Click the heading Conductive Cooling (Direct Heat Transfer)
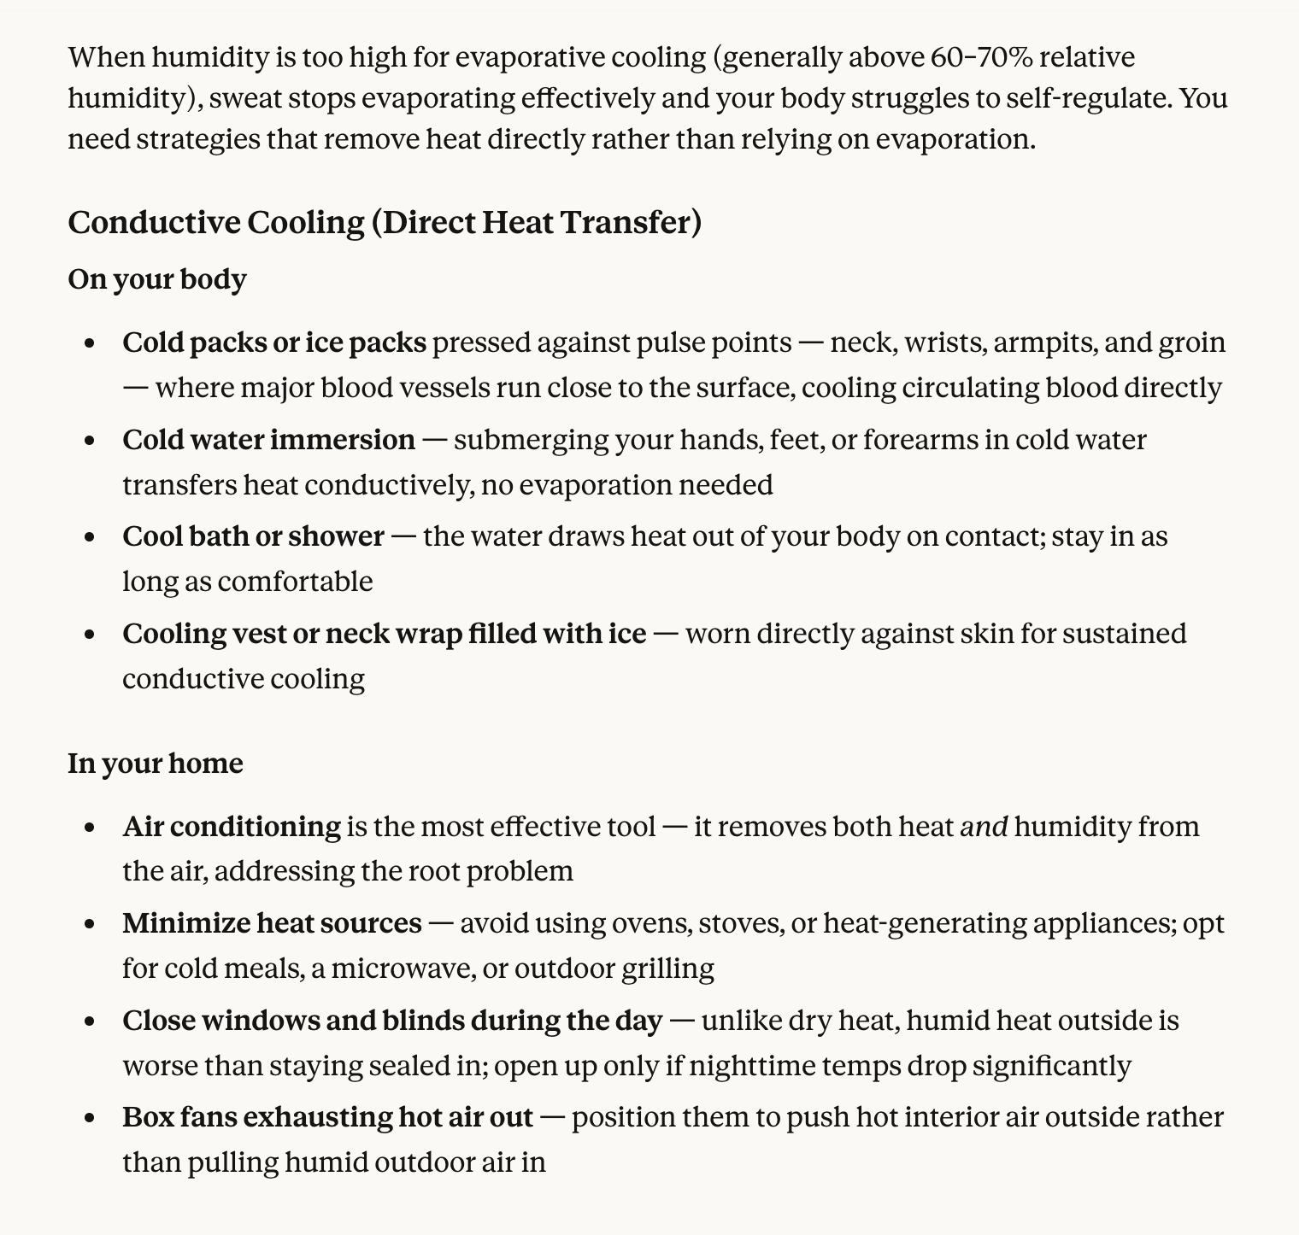[385, 223]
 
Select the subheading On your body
[157, 280]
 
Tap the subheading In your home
[156, 764]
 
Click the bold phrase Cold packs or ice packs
[274, 343]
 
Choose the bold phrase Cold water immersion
[268, 441]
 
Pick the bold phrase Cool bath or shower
[253, 537]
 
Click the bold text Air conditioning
[232, 828]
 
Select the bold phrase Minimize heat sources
[272, 924]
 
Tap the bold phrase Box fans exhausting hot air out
[327, 1118]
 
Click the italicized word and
[985, 828]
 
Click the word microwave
[401, 969]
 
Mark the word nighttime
[738, 1067]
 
